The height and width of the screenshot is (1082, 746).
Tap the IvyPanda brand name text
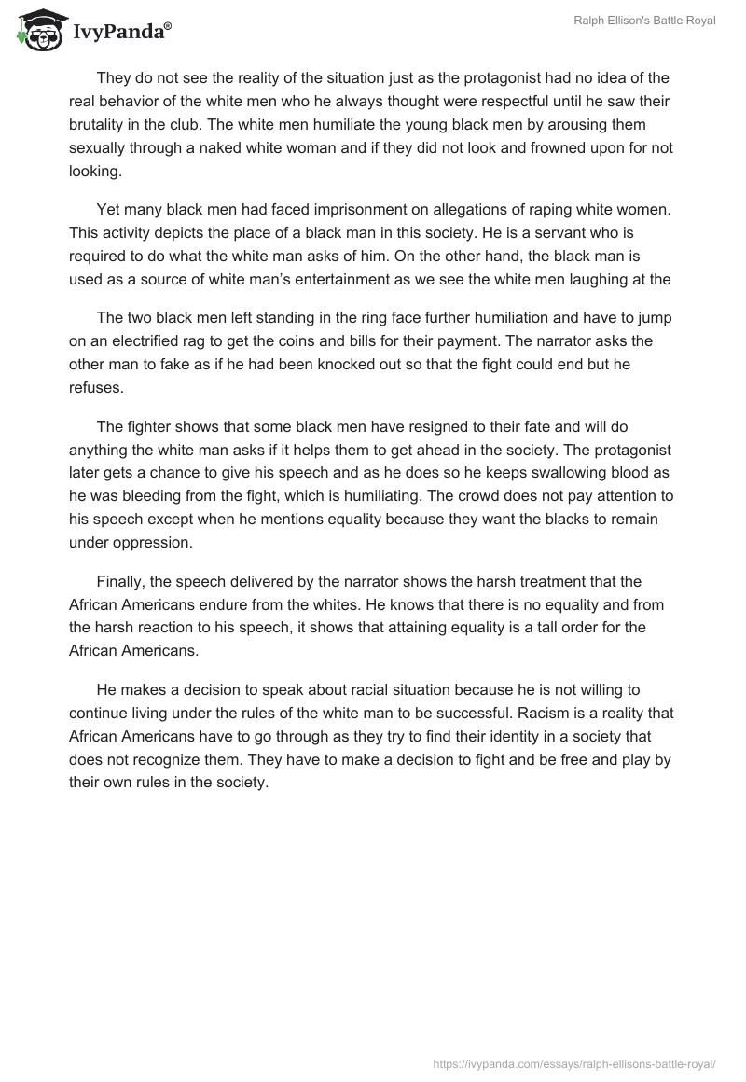[121, 32]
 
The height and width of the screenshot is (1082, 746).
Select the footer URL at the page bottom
[575, 1062]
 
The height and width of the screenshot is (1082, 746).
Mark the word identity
[487, 737]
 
